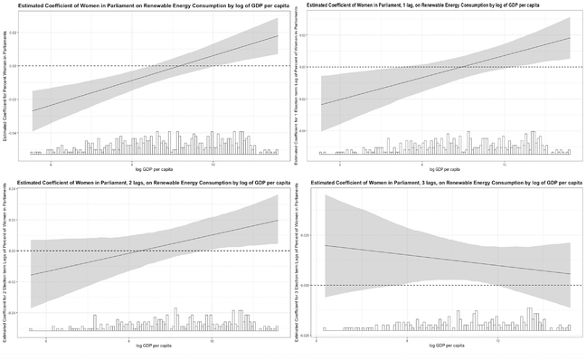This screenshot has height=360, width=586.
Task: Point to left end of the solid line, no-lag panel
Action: [x=33, y=111]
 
